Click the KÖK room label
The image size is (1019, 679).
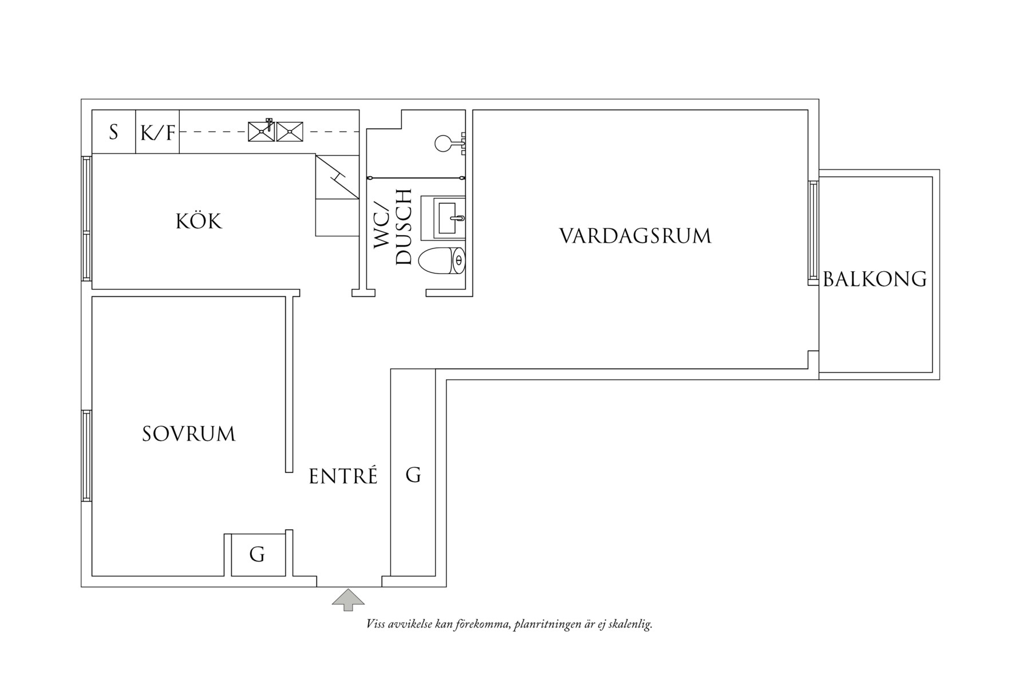click(199, 221)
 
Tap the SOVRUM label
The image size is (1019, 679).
click(189, 434)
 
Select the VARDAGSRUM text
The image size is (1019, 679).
click(635, 236)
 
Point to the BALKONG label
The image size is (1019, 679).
click(874, 279)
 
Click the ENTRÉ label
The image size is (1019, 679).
click(343, 477)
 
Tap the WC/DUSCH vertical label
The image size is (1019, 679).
click(393, 227)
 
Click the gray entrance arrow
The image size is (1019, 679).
click(348, 600)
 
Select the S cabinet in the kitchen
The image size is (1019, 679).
click(113, 133)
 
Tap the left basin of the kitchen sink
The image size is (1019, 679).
click(260, 132)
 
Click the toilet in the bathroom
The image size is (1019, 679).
click(442, 261)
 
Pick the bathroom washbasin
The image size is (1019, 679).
click(444, 218)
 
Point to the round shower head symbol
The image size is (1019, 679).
click(444, 143)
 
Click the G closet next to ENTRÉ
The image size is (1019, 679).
click(413, 475)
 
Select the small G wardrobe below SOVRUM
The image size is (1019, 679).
click(258, 554)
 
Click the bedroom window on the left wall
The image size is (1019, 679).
click(86, 455)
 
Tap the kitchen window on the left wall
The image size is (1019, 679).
click(86, 218)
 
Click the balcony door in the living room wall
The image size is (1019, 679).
click(813, 232)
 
